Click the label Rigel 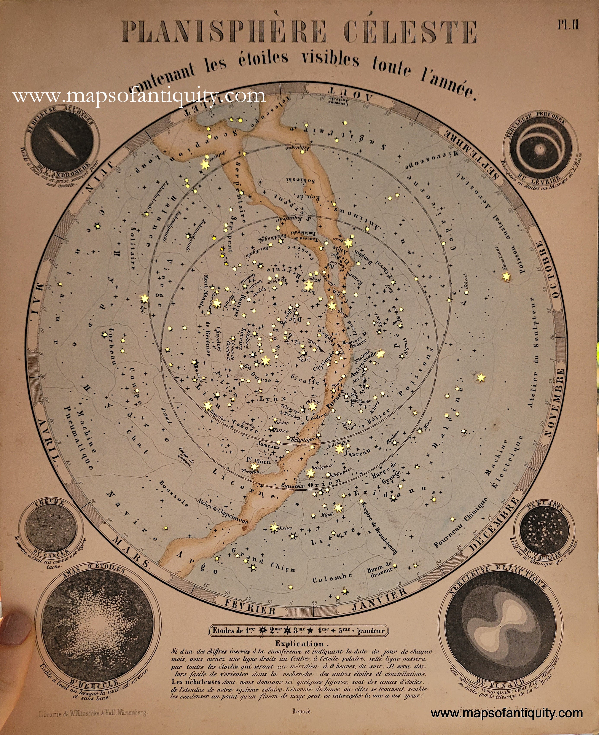[x=327, y=514]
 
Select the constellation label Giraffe [x=305, y=380]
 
